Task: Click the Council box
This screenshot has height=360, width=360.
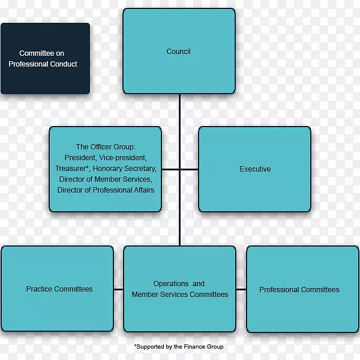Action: pos(179,51)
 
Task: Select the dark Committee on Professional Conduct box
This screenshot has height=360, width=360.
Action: pos(45,59)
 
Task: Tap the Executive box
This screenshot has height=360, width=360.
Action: pos(255,169)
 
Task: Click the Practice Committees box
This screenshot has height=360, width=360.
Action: pos(58,289)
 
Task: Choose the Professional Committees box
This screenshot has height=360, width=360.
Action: pos(299,289)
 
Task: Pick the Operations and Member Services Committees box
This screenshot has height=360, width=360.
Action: pos(179,289)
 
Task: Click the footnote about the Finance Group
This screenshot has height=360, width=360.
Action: pos(179,347)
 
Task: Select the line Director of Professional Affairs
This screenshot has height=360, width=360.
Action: pos(106,190)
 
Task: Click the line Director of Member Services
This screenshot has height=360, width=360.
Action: pos(106,179)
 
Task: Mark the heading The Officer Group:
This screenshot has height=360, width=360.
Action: pos(106,147)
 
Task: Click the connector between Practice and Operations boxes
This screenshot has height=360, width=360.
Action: pos(118,289)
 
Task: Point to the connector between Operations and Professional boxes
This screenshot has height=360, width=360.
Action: pos(241,289)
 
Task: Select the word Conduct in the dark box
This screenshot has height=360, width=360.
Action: pos(64,64)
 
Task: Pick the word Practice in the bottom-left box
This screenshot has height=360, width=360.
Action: pos(38,289)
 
